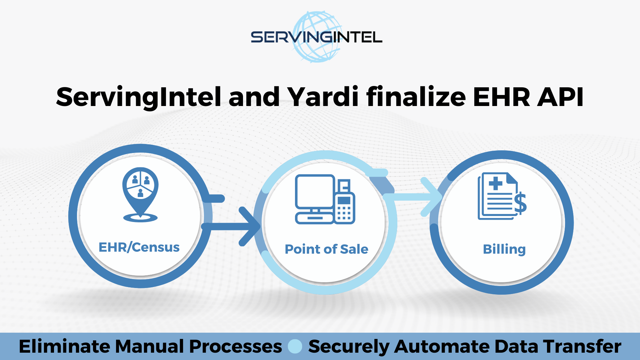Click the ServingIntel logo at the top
point(316,37)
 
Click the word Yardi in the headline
point(323,97)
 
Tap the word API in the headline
point(560,97)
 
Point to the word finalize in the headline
point(416,97)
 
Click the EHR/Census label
point(139,247)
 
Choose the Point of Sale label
point(326,249)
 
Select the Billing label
point(504,249)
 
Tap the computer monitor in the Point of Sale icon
point(314,192)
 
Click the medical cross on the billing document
point(495,183)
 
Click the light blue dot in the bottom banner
point(295,346)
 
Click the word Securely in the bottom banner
point(349,346)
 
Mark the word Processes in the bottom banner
point(235,346)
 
